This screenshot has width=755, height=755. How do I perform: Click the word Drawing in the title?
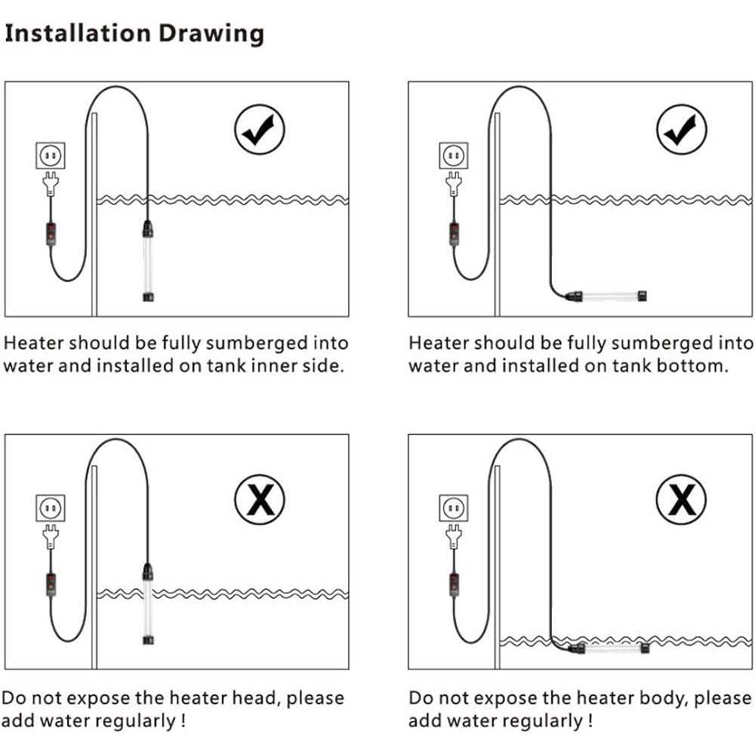tap(211, 35)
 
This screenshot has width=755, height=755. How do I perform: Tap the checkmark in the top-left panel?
tap(260, 129)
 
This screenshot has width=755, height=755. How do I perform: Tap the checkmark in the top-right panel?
tap(681, 129)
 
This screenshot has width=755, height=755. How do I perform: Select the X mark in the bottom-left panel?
tap(260, 500)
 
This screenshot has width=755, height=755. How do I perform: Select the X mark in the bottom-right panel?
tap(681, 500)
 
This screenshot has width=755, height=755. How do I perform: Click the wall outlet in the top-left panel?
tap(51, 155)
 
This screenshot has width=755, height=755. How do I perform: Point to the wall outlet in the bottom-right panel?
tap(454, 507)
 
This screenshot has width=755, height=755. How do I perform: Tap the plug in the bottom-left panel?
tap(51, 536)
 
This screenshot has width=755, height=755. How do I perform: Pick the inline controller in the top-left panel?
tap(51, 234)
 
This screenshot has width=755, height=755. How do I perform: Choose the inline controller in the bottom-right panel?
tap(454, 586)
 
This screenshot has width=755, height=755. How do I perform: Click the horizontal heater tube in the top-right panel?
tap(606, 296)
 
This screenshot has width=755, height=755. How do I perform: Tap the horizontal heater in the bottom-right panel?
tap(609, 649)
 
